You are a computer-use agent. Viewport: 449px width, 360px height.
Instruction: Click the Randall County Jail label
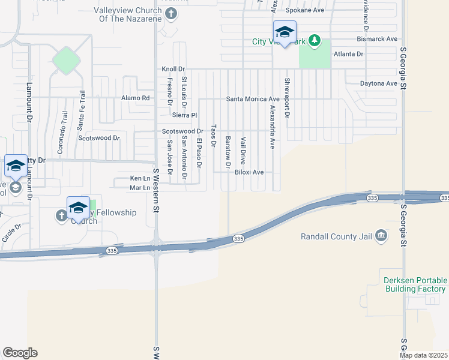(336, 236)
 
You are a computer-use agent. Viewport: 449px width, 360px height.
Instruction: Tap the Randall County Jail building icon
(381, 236)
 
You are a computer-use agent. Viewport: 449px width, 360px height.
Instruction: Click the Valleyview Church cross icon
(170, 14)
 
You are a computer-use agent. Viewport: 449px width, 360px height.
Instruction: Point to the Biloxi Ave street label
(250, 172)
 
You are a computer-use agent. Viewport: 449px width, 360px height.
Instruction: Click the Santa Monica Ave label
(253, 99)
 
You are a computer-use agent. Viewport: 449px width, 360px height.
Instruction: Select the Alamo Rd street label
(135, 98)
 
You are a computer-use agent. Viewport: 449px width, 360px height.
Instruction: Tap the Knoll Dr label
(173, 70)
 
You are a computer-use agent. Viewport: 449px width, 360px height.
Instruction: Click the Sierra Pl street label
(185, 115)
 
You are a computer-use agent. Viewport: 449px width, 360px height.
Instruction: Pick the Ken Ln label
(139, 179)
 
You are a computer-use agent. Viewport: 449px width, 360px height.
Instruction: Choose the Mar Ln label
(139, 188)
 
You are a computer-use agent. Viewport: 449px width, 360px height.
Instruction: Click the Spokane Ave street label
(304, 10)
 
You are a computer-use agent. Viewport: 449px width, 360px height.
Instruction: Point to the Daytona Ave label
(379, 84)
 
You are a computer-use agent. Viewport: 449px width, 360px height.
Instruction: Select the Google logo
(19, 353)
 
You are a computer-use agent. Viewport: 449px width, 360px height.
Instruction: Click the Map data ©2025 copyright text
(424, 355)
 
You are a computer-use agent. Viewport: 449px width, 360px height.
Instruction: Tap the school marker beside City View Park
(285, 32)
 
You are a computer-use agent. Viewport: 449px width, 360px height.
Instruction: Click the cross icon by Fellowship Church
(62, 215)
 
